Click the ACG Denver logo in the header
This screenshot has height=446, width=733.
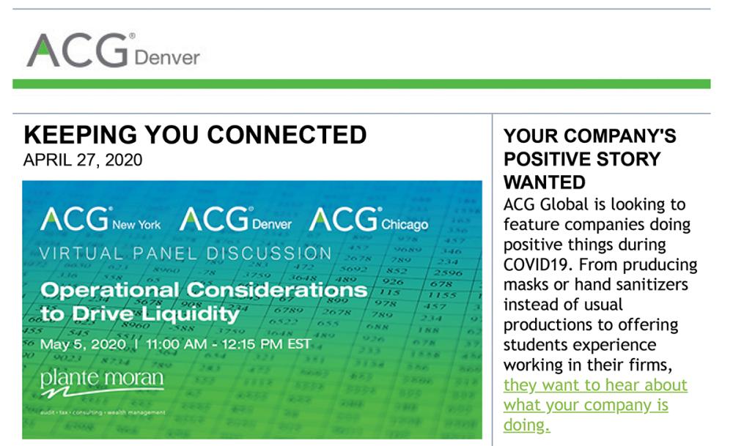pos(113,51)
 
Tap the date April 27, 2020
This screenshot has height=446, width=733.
pos(83,160)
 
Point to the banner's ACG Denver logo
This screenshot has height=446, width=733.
pos(235,220)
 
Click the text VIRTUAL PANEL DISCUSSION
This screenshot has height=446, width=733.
pos(185,253)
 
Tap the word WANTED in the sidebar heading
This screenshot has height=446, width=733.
pos(545,182)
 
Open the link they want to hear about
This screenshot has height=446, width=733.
pos(595,385)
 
